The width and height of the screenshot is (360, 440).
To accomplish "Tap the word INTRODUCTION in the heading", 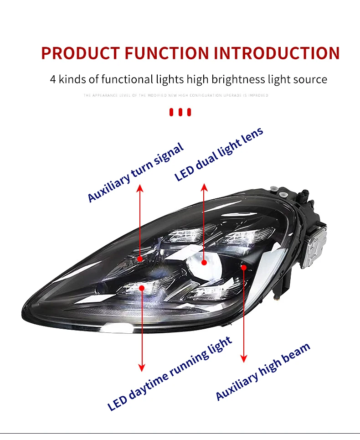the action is (x=277, y=53).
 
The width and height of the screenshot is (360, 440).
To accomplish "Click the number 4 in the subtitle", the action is (x=53, y=79).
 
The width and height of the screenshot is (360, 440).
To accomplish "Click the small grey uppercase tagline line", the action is (x=176, y=96).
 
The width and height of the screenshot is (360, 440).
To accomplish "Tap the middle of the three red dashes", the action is (x=180, y=112).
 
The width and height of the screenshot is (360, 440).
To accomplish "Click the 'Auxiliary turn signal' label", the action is (x=135, y=172).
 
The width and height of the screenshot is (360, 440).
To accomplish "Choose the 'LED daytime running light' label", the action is (x=170, y=373).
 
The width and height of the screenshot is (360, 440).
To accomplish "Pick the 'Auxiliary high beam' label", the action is (x=262, y=371).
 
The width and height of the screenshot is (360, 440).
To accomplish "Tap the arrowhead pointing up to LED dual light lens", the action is (x=204, y=187).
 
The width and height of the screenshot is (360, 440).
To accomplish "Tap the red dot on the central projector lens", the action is (x=204, y=262).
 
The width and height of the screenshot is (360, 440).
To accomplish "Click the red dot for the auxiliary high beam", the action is (x=244, y=267).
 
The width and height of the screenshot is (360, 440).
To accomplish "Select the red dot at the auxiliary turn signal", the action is (x=140, y=259).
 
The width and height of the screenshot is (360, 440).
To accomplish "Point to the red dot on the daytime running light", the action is (x=142, y=288).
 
